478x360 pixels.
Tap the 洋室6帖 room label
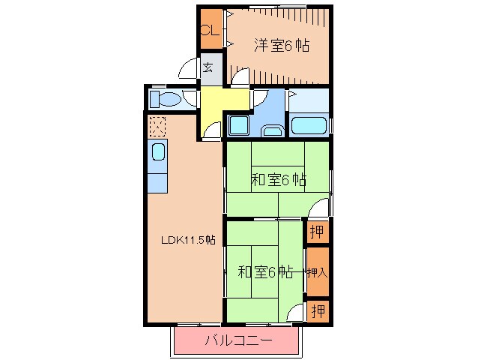(280, 46)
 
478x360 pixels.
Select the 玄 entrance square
(209, 68)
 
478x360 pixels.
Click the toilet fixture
(164, 99)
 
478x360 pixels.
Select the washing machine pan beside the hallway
(239, 124)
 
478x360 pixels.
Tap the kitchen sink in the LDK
(159, 153)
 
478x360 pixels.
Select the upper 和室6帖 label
(278, 179)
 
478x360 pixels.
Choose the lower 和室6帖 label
(265, 271)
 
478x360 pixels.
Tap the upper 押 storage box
(318, 232)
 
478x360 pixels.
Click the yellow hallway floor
(223, 100)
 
